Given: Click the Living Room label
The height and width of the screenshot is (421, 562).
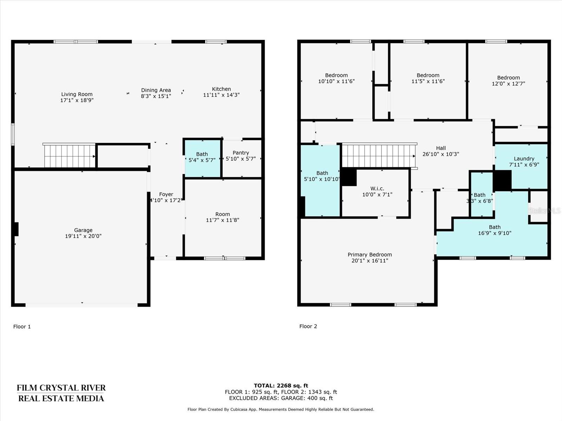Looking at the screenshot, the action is pyautogui.click(x=77, y=94).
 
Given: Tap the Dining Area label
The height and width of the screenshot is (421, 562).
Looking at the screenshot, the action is pyautogui.click(x=156, y=90).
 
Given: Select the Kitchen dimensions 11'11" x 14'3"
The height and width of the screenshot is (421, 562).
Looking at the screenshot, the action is pyautogui.click(x=222, y=95).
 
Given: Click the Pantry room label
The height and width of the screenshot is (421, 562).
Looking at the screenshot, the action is pyautogui.click(x=241, y=153).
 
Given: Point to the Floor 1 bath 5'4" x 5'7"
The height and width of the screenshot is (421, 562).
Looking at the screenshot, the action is pyautogui.click(x=202, y=157).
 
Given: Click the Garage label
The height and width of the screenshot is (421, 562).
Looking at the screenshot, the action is pyautogui.click(x=83, y=230).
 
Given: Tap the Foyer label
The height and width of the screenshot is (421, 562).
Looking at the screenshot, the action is pyautogui.click(x=166, y=194).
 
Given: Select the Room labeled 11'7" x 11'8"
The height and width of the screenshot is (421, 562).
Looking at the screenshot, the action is pyautogui.click(x=222, y=217).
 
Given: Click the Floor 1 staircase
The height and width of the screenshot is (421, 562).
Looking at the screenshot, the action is pyautogui.click(x=70, y=156).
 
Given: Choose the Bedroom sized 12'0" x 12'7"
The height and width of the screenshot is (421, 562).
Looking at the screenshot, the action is pyautogui.click(x=509, y=81).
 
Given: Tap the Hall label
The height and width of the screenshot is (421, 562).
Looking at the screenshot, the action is pyautogui.click(x=441, y=148).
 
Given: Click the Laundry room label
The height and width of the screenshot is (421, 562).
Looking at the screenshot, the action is pyautogui.click(x=524, y=159).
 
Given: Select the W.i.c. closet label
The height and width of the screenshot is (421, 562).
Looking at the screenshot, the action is pyautogui.click(x=377, y=188).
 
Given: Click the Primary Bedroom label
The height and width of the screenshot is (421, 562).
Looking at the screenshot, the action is pyautogui.click(x=370, y=255).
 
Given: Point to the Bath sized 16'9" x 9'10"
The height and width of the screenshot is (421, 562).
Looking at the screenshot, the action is pyautogui.click(x=495, y=230).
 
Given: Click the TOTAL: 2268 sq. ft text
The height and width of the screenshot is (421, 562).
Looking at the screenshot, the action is pyautogui.click(x=281, y=386).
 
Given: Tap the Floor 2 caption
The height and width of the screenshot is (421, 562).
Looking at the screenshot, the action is pyautogui.click(x=308, y=326).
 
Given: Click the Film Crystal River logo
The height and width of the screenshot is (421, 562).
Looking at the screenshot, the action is pyautogui.click(x=61, y=393).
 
